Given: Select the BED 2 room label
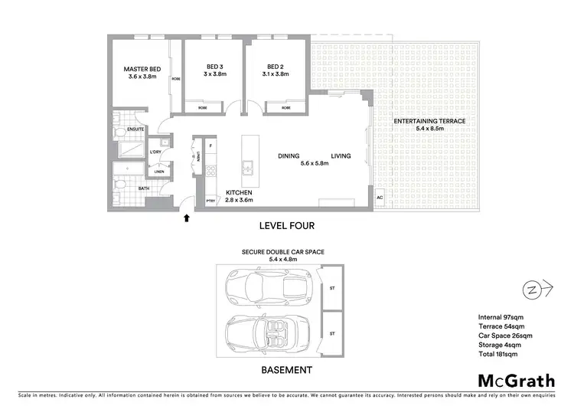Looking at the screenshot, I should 276,66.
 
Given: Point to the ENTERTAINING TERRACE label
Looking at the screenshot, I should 429,122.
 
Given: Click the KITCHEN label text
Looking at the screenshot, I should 239,192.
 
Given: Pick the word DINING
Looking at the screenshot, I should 289,156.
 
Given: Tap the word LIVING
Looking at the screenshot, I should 341,156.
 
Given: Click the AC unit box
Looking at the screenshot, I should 379,198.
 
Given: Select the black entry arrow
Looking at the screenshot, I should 186,219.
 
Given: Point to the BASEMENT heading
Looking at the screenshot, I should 287,370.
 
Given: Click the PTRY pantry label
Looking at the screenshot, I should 211,201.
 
